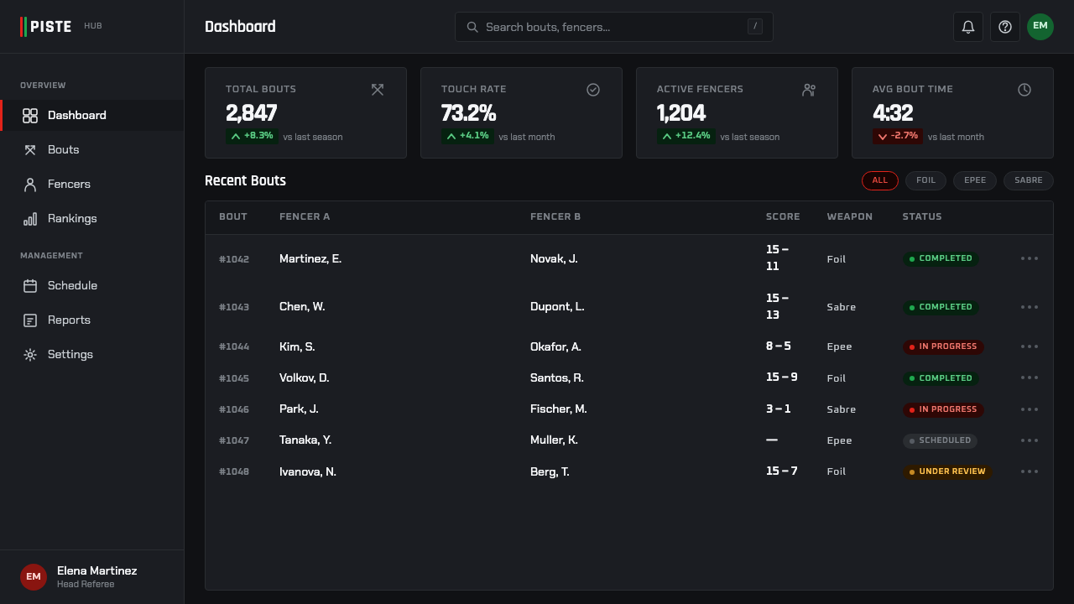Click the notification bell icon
(968, 27)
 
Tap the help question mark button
(1005, 27)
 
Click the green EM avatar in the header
(1040, 27)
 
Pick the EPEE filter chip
(975, 180)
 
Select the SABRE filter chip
(1029, 180)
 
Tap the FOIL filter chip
(925, 180)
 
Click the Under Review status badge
(947, 471)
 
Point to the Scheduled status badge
(940, 440)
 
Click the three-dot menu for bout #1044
(1030, 346)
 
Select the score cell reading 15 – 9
(781, 377)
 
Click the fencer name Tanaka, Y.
(305, 440)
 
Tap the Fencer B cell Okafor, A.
(555, 346)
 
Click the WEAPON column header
(850, 216)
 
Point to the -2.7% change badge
(898, 136)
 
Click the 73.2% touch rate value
(468, 113)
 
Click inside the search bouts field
(613, 27)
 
